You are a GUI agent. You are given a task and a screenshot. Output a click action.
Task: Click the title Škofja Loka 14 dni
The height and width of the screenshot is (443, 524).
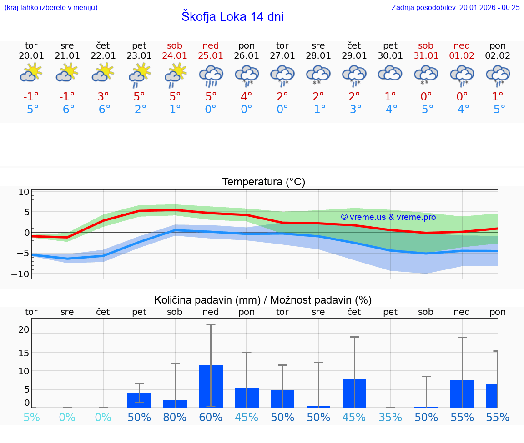(x=232, y=17)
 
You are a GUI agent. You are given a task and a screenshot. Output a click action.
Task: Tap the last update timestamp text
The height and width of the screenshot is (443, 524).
(x=455, y=7)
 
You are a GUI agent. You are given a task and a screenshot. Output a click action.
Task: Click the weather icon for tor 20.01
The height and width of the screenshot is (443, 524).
(x=31, y=73)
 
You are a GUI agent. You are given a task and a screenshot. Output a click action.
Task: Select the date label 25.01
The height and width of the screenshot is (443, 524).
(x=211, y=56)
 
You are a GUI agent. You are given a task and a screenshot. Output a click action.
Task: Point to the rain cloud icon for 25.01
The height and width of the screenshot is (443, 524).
(x=211, y=75)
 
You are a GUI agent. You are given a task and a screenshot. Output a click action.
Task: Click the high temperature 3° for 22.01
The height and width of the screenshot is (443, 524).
(x=103, y=97)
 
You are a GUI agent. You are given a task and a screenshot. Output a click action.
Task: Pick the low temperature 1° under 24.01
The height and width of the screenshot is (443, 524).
(x=175, y=110)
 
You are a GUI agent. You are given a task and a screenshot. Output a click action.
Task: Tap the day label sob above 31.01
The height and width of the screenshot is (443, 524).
(x=426, y=46)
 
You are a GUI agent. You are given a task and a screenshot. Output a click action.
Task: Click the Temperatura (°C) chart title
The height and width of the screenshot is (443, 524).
(x=263, y=182)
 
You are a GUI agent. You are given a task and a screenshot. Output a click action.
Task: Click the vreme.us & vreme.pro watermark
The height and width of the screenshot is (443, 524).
(x=388, y=217)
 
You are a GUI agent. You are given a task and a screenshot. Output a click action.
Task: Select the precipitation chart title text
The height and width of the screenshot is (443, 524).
(x=263, y=300)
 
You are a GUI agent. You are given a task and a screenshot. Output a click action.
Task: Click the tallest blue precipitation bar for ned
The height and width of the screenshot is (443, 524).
(x=211, y=386)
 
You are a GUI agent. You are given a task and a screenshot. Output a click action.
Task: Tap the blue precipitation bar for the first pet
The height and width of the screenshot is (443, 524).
(x=139, y=400)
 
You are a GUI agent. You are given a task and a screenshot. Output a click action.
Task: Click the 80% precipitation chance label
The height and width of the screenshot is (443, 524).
(x=175, y=418)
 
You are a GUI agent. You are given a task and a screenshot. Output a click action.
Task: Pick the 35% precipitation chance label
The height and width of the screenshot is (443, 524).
(x=390, y=418)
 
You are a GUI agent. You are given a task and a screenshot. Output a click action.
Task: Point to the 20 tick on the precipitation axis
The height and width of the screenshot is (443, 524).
(x=24, y=329)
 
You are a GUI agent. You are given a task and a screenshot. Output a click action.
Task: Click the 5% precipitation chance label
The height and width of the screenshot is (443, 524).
(x=31, y=418)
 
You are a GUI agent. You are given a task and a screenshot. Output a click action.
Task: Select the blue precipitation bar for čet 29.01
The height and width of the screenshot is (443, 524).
(x=354, y=393)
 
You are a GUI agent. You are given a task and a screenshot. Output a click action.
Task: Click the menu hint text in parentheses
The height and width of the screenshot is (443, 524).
(x=50, y=7)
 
